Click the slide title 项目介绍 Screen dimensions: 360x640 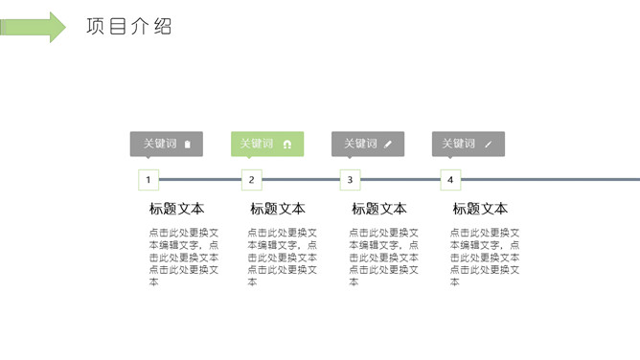pos(128,26)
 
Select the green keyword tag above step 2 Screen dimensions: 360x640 pos(267,144)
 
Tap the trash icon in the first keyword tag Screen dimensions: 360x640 pos(188,145)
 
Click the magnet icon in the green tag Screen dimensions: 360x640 pos(286,145)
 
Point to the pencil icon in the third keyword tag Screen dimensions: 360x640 pos(388,145)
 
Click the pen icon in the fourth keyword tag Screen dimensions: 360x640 pos(489,145)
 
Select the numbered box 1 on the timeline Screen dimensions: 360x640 pos(149,179)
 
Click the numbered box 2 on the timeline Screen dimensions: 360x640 pos(251,179)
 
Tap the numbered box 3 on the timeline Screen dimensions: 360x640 pos(351,179)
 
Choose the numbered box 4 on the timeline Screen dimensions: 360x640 pos(451,179)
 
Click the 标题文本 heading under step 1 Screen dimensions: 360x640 pos(176,209)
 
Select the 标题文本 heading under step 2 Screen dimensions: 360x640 pos(278,209)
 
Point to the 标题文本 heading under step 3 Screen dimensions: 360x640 pos(378,209)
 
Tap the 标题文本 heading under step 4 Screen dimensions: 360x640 pos(480,209)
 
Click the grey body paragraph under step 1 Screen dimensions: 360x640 pos(183,257)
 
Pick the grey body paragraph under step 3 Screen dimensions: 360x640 pos(383,257)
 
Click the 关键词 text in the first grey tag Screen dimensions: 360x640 pos(160,144)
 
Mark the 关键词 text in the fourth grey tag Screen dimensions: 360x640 pos(458,144)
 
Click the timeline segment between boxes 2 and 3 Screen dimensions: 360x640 pos(301,179)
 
